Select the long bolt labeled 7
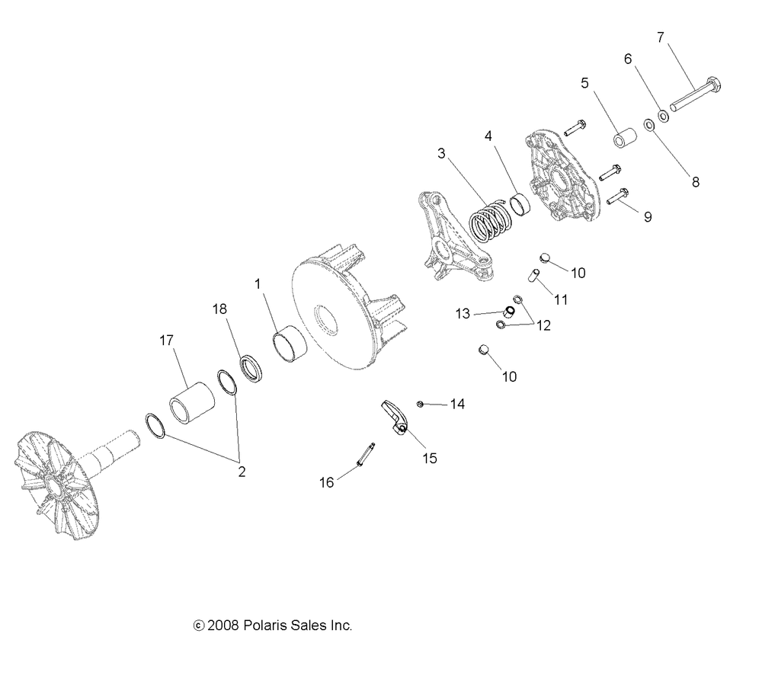pos(696,94)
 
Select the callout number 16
pos(327,482)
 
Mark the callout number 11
pos(561,299)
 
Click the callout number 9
pos(648,217)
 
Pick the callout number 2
pos(242,472)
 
